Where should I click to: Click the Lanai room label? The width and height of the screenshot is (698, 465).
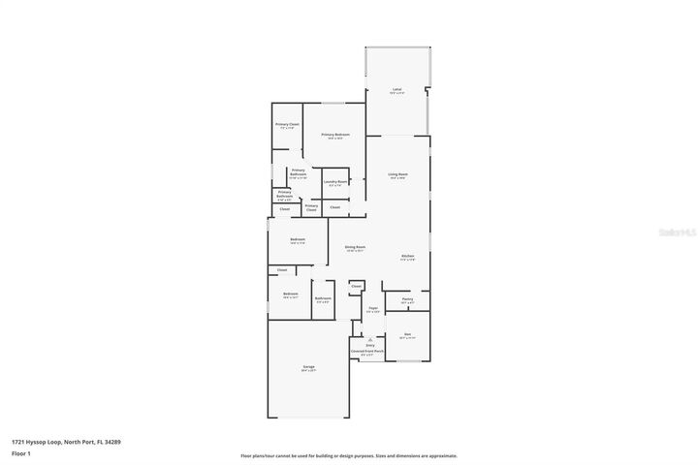[397, 90]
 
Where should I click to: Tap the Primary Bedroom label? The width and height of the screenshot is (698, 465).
[334, 135]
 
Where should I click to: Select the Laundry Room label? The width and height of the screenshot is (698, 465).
[336, 182]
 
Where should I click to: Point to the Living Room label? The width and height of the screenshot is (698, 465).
[398, 174]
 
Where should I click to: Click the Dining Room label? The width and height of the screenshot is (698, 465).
[355, 247]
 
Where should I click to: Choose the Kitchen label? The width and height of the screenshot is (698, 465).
[408, 257]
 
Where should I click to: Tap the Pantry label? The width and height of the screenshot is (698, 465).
[407, 299]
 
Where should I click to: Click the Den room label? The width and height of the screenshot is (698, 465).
[407, 334]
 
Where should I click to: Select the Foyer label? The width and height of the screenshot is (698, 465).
[372, 309]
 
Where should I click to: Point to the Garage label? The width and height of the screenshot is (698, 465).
[308, 367]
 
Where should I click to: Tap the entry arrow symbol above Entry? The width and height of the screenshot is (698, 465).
[370, 338]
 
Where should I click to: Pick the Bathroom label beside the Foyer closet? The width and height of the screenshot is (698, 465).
[323, 298]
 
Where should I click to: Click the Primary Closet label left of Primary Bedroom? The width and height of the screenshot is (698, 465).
[287, 125]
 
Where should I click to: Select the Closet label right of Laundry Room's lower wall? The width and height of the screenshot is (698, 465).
[334, 207]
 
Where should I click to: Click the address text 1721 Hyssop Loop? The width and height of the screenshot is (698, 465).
[38, 442]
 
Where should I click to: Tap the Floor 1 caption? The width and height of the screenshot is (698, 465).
[21, 452]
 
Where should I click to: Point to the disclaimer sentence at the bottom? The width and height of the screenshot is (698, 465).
[348, 455]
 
